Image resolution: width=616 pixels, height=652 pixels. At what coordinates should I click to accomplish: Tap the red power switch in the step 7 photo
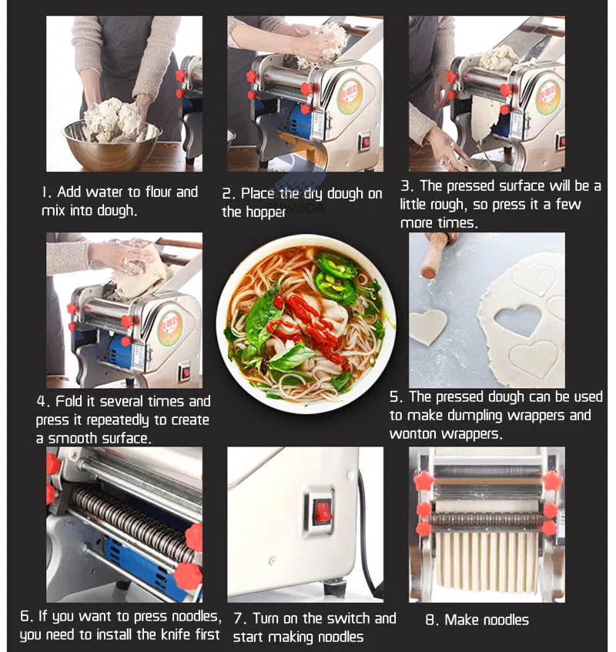point(322,509)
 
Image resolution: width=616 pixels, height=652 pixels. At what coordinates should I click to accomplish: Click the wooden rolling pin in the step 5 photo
point(435,257)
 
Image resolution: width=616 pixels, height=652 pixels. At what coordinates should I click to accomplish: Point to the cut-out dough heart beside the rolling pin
point(427,326)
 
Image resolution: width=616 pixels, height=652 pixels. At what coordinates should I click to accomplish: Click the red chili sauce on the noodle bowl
point(308,323)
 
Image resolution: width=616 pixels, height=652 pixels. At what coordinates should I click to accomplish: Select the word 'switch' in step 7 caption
point(341,618)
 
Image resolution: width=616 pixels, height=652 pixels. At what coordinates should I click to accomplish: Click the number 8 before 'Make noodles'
point(431,620)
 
